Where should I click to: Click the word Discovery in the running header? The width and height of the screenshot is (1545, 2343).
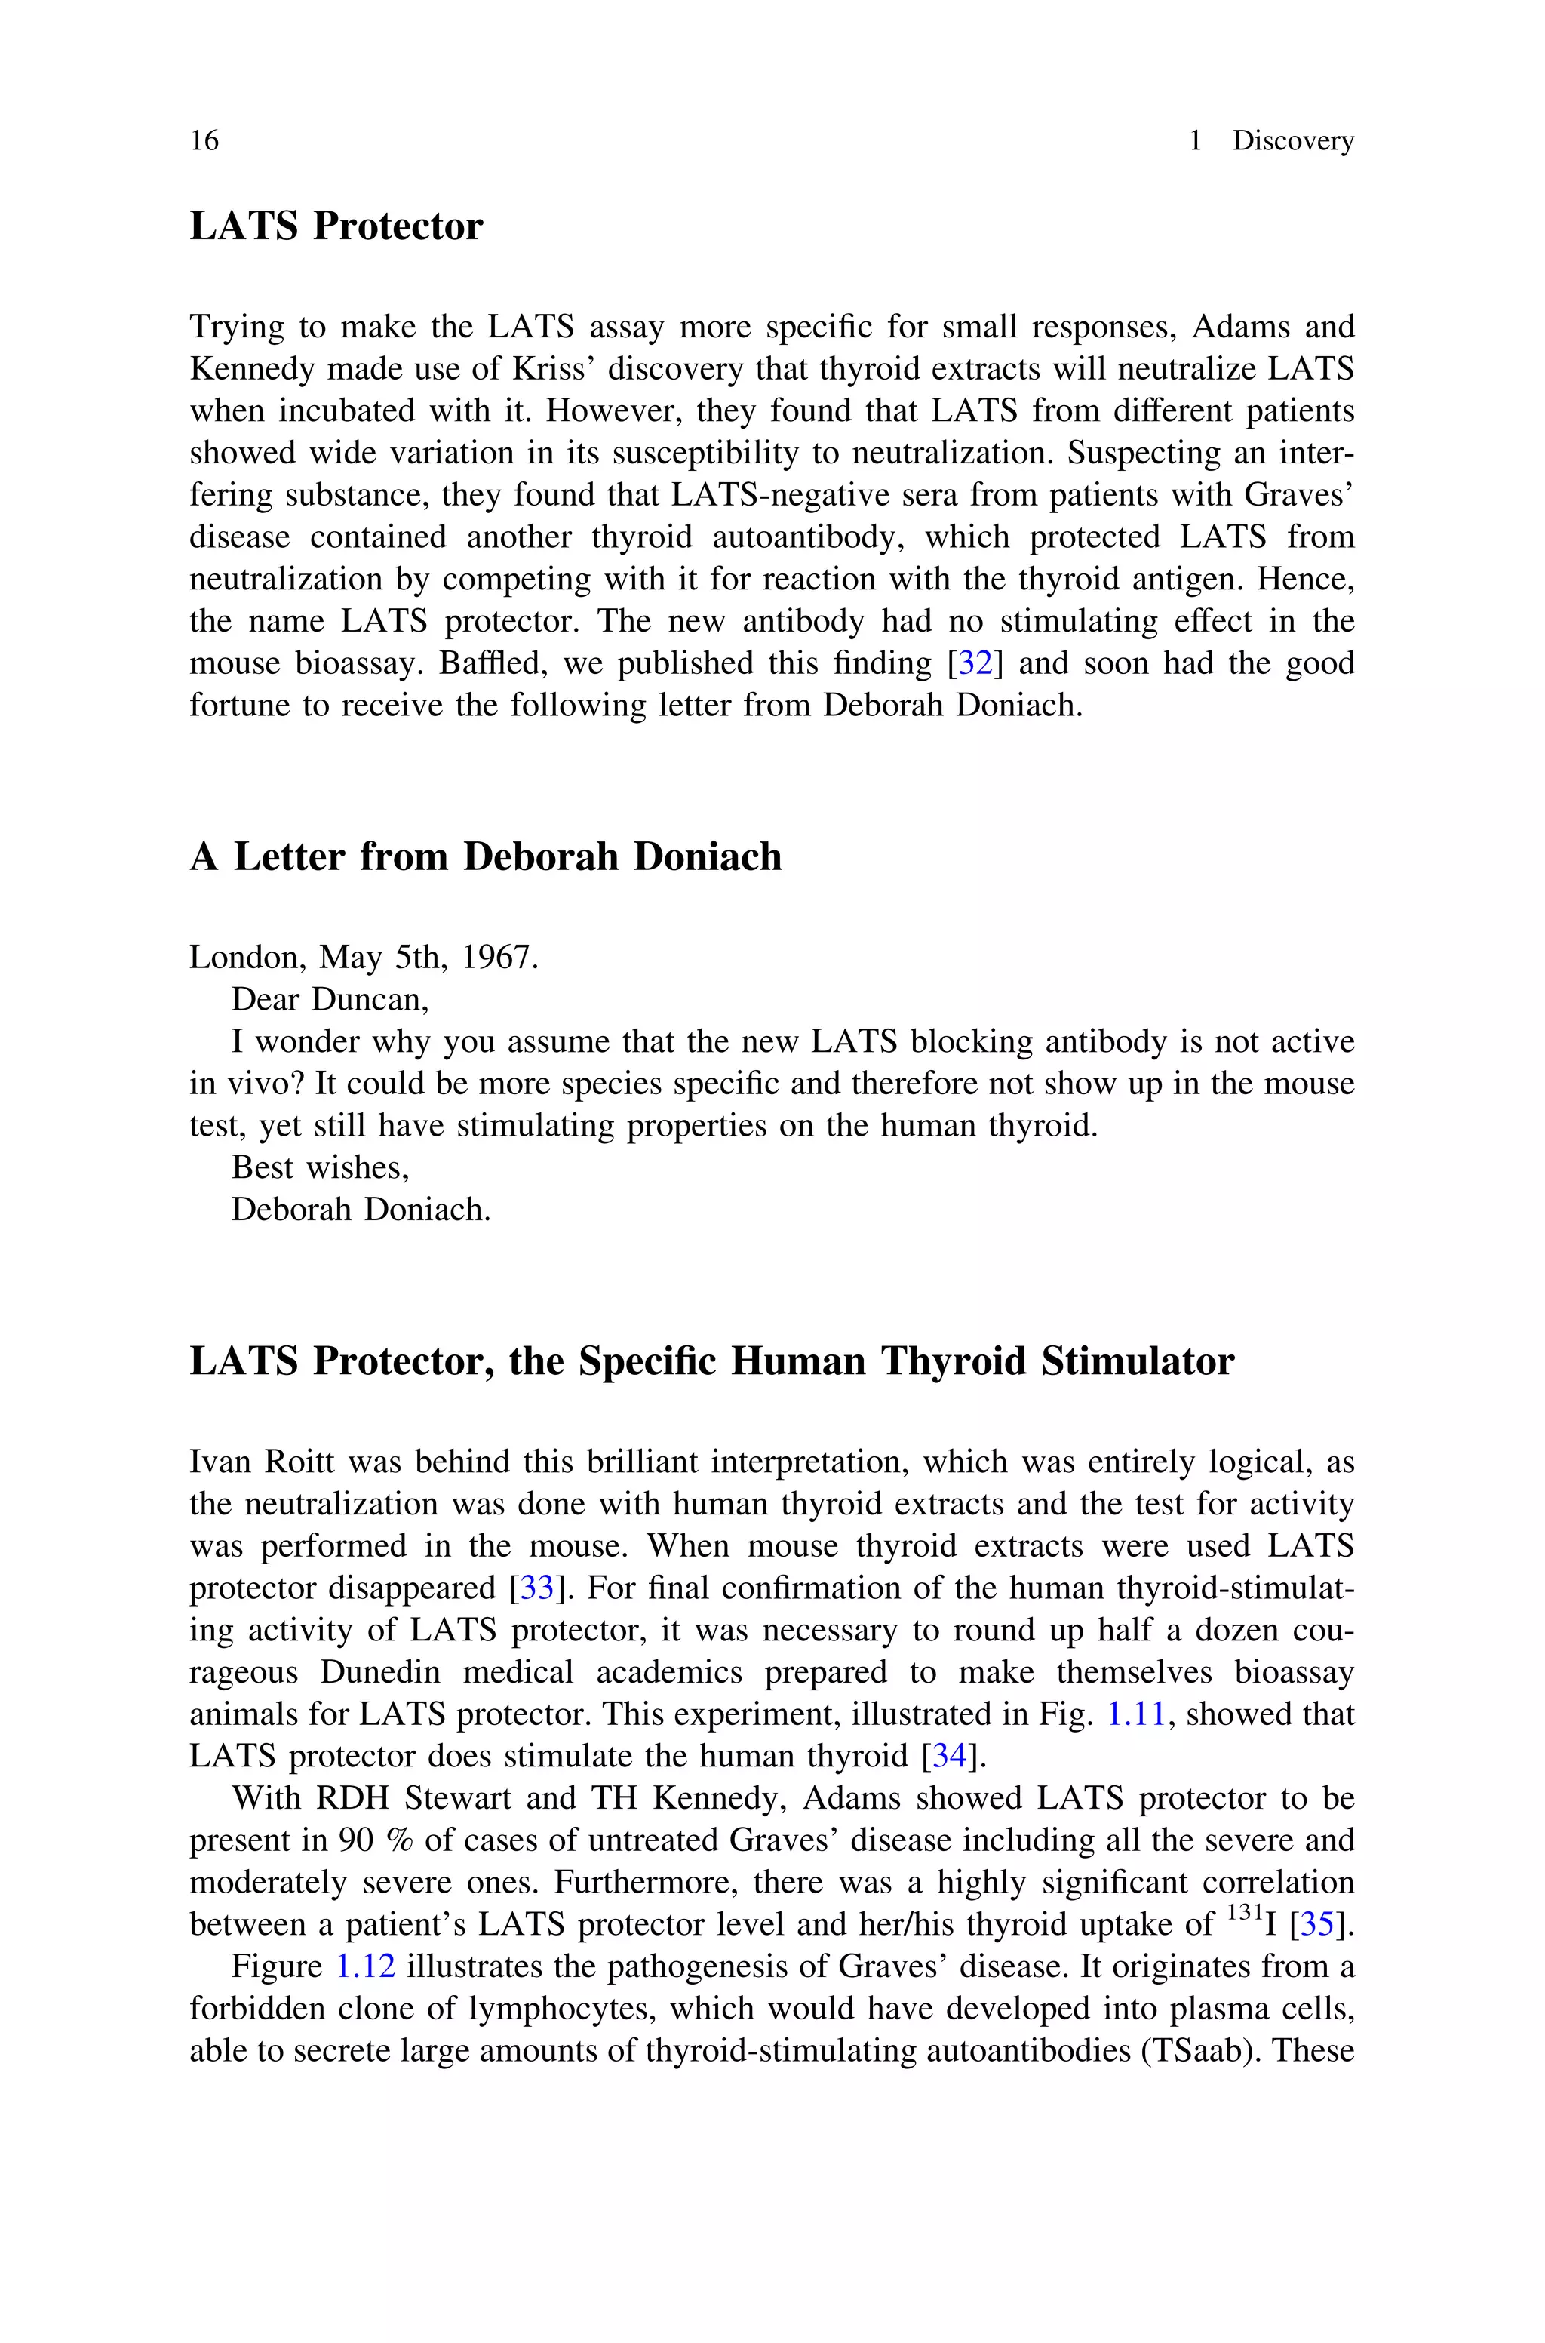1293,141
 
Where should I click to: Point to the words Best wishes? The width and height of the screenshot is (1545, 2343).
319,1167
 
